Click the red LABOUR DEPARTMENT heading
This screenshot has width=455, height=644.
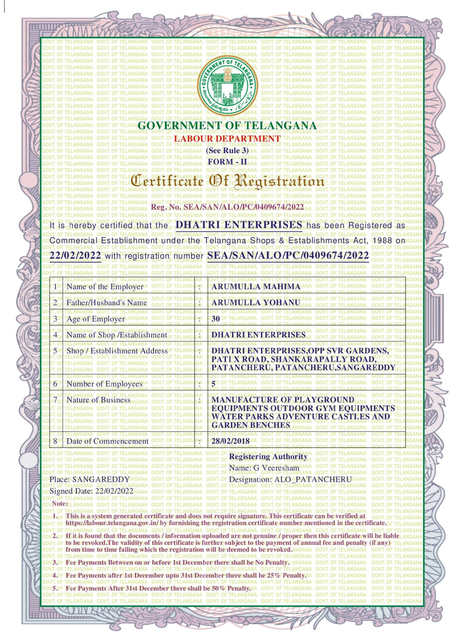tap(227, 139)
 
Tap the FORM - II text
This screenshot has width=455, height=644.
tap(227, 162)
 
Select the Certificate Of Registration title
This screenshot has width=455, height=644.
tap(227, 181)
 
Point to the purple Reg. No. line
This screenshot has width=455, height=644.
tap(227, 207)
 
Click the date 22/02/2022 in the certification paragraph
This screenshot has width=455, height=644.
tap(75, 255)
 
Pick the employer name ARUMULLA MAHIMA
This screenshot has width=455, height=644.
tap(256, 286)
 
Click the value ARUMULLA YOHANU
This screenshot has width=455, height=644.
tap(256, 303)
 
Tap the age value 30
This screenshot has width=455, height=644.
tap(216, 319)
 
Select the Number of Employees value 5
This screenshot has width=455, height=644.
tap(213, 384)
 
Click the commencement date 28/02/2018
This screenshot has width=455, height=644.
tap(230, 441)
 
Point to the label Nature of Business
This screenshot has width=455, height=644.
tap(98, 400)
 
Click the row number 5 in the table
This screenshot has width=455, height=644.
tap(55, 351)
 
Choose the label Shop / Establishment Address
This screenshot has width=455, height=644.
tap(117, 351)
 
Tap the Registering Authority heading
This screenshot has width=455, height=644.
tap(268, 457)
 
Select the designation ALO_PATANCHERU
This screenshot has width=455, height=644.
tap(313, 479)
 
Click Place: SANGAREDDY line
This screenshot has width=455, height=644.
tap(90, 479)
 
